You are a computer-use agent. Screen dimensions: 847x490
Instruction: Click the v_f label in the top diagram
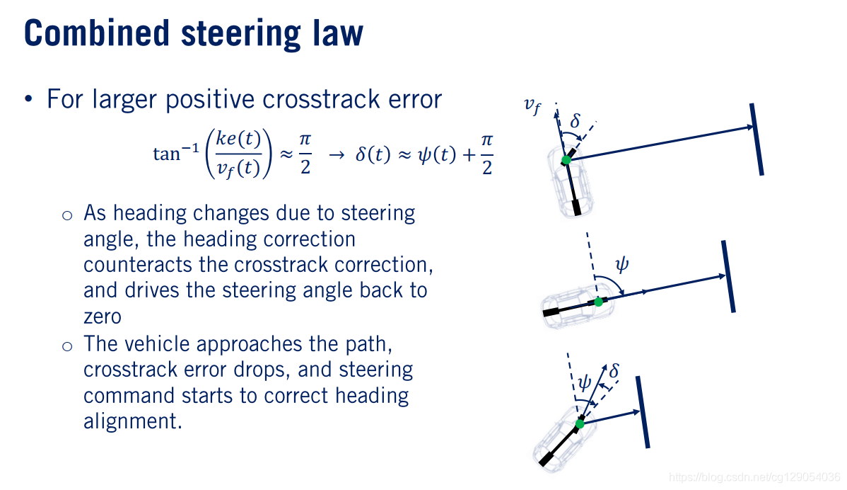(532, 106)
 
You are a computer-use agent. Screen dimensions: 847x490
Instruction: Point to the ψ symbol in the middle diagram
(621, 266)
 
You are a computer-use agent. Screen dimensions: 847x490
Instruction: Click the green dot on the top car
(566, 160)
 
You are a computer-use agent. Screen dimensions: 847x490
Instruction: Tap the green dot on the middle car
(598, 302)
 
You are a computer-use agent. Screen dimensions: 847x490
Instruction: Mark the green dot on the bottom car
(580, 423)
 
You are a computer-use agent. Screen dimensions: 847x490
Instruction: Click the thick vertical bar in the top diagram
(757, 139)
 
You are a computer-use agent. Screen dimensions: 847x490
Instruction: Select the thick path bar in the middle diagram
(728, 276)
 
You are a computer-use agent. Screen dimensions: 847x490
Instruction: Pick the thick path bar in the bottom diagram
(643, 412)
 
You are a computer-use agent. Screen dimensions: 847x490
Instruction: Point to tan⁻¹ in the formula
(168, 153)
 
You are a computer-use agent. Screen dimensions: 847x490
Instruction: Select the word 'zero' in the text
(103, 317)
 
